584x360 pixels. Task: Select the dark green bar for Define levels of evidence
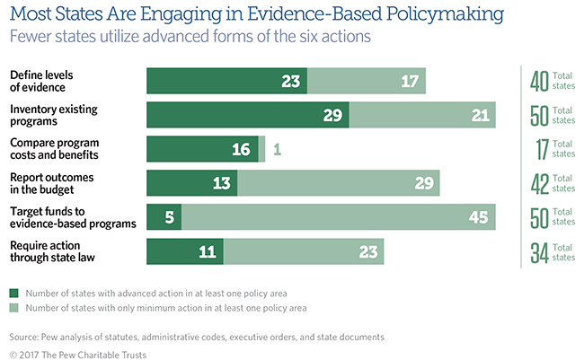[x=226, y=79]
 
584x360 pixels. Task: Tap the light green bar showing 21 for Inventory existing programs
[x=422, y=114]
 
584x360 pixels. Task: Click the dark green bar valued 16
[x=202, y=148]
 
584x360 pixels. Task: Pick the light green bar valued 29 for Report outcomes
[x=339, y=182]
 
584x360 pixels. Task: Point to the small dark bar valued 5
[x=164, y=216]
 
